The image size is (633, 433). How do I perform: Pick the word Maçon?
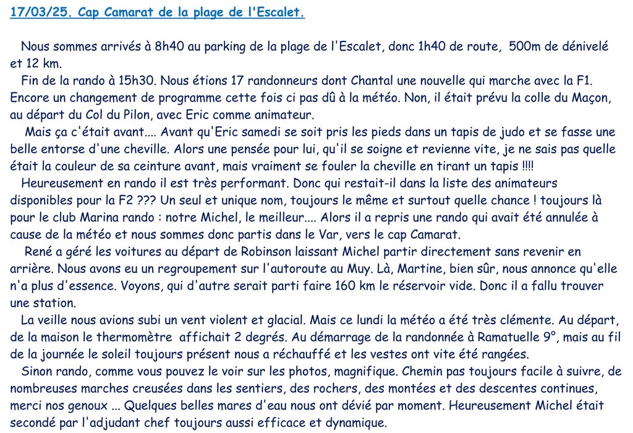tap(585, 98)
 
